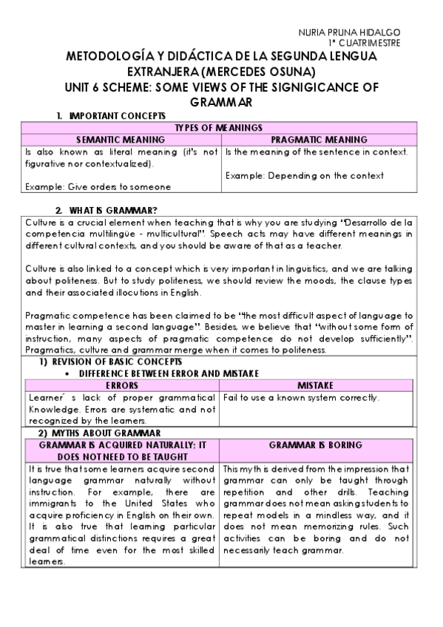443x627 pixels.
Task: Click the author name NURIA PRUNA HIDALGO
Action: (x=349, y=33)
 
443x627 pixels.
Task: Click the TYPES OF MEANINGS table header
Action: (x=219, y=128)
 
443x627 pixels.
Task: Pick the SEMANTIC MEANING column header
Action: (x=122, y=139)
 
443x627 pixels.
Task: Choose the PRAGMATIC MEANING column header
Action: (x=319, y=139)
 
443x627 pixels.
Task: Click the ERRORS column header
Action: (x=122, y=385)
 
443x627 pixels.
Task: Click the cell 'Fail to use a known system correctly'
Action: (x=301, y=397)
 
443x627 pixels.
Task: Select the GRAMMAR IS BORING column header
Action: (x=315, y=445)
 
